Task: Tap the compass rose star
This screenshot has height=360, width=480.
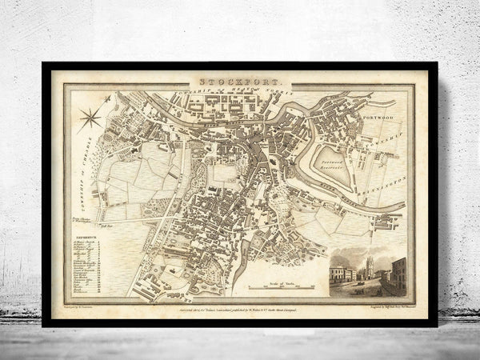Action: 90,118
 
